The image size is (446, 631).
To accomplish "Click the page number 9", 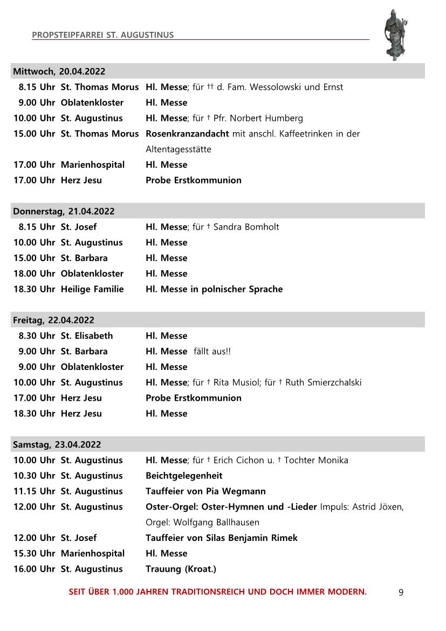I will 401,592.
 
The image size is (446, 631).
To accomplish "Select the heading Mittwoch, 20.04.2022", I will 59,71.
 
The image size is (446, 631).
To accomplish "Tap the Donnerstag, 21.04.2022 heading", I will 64,211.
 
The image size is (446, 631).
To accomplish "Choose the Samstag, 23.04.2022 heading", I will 57,444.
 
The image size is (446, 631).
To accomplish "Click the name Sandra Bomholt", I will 246,227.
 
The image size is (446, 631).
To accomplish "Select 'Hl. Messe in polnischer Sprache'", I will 214,289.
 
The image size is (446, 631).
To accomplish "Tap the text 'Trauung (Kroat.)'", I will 181,569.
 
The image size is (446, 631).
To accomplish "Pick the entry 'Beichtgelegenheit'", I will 184,476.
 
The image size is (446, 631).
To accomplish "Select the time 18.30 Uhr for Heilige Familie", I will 35,289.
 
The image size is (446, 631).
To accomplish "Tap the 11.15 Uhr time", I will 35,491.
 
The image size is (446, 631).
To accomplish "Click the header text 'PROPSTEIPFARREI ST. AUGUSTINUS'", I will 102,35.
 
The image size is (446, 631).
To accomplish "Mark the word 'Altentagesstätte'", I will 179,149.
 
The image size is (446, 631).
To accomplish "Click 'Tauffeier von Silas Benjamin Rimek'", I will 222,538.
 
